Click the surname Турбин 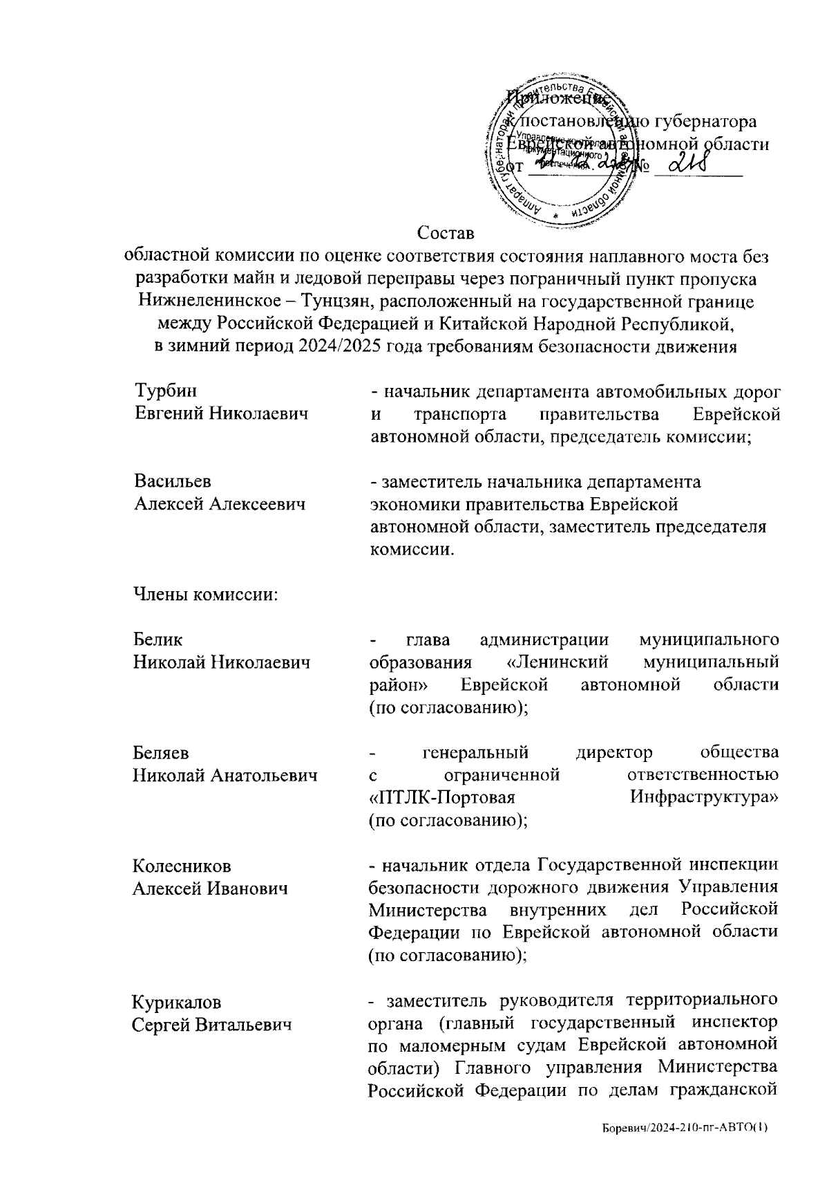165,391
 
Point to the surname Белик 158,640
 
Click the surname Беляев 161,752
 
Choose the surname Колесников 182,866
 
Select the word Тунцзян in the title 339,301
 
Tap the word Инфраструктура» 704,798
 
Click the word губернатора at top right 704,122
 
